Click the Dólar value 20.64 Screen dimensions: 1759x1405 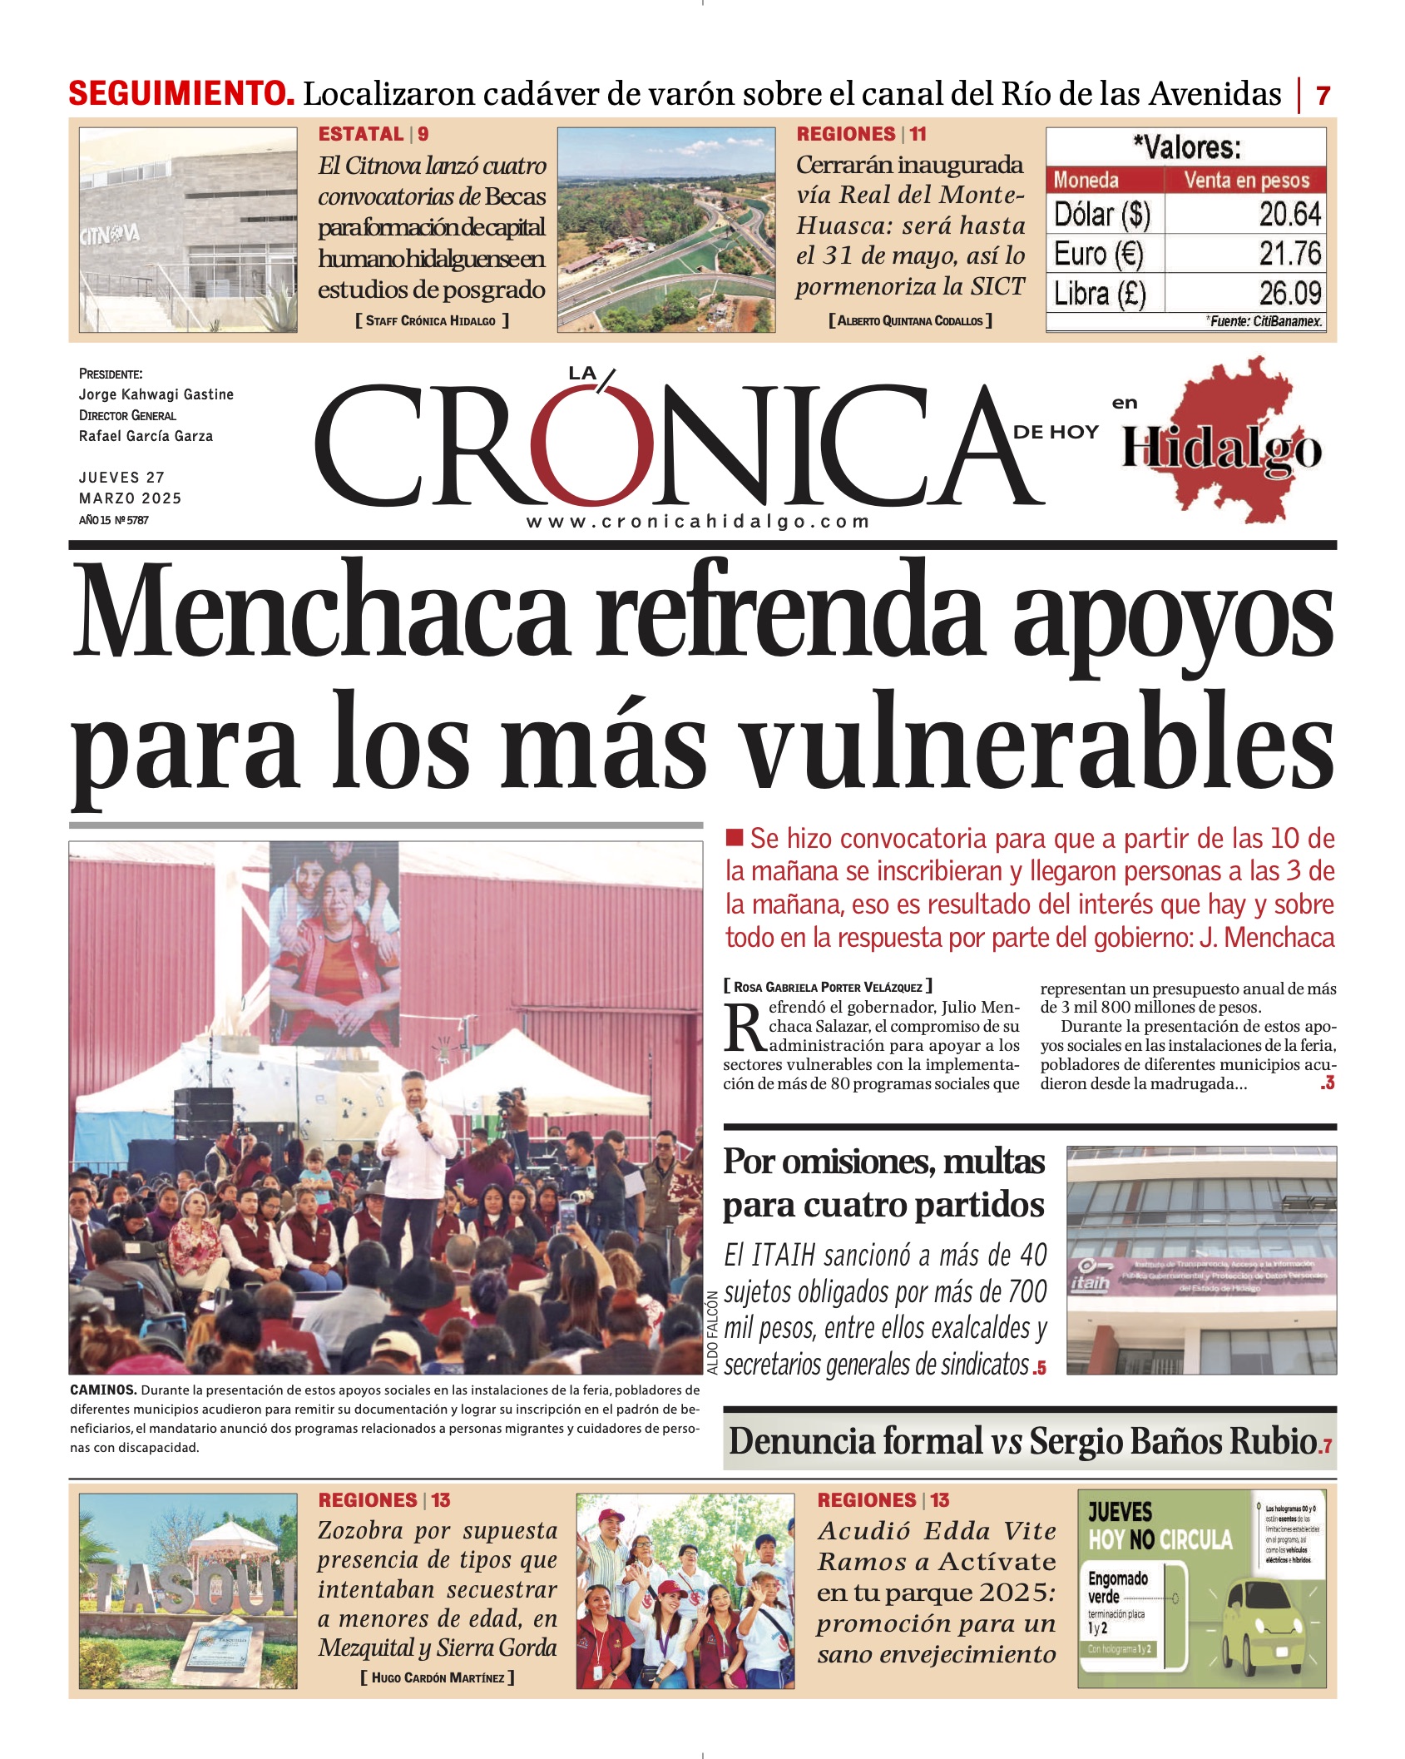[1289, 215]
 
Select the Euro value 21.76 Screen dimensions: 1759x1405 [1289, 254]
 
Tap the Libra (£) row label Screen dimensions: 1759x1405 [1100, 294]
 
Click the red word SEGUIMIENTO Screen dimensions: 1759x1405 [181, 93]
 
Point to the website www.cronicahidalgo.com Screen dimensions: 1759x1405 [698, 522]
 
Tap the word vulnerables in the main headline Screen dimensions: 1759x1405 [1037, 742]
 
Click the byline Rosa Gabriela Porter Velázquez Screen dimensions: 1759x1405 [828, 987]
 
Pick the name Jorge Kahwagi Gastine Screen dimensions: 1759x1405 [156, 394]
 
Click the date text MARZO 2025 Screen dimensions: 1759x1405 [130, 498]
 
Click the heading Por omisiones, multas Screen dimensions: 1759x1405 [883, 1162]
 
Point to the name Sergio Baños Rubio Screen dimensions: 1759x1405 [1173, 1442]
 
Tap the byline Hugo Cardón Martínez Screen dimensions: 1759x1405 [438, 1678]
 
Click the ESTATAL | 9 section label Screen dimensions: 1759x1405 [374, 134]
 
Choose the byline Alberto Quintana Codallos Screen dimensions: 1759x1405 [910, 321]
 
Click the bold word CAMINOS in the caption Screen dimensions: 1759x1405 [103, 1390]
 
